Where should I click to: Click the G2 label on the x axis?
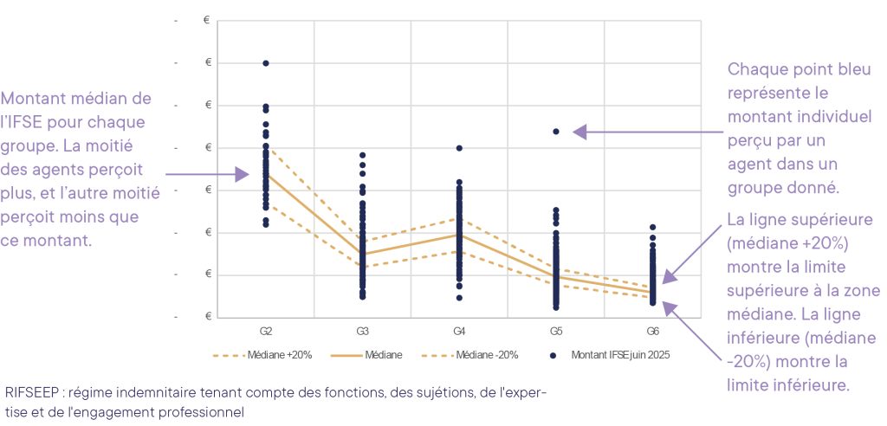266,332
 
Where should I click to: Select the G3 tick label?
363,332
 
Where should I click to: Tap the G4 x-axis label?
460,332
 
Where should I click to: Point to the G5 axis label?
556,332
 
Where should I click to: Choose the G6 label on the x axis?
653,332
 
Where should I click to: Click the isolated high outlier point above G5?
556,132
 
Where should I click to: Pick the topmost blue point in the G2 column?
266,63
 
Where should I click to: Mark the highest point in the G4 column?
460,148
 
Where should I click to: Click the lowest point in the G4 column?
460,298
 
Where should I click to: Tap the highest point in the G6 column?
653,227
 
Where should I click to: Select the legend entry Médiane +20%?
262,355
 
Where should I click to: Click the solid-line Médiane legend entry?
365,355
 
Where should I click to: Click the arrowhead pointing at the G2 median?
243,174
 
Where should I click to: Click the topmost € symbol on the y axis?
207,21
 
